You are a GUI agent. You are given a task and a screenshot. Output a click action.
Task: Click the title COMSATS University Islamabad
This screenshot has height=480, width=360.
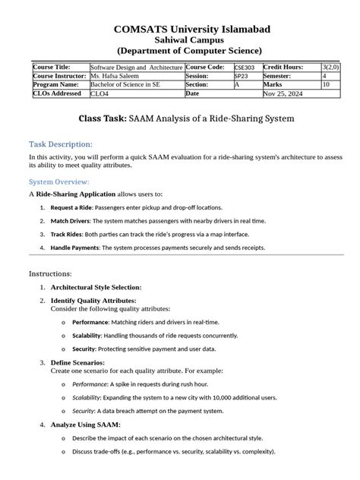180,30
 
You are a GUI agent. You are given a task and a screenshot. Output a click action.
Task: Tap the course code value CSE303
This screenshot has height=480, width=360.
245,68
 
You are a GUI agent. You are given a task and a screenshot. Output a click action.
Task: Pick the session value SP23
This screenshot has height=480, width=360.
241,77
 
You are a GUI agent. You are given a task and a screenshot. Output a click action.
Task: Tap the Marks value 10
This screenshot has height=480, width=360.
326,85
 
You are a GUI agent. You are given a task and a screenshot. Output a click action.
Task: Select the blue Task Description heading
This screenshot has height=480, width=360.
61,144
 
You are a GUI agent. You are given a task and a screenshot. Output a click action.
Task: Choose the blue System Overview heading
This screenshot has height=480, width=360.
59,182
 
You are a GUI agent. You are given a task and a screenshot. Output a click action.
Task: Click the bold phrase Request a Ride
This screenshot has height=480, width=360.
71,207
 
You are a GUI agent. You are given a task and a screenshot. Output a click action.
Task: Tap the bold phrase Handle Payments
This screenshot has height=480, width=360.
75,248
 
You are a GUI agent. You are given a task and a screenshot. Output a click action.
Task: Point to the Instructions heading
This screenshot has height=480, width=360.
50,273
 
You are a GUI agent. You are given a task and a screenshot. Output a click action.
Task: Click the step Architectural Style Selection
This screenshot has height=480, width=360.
96,288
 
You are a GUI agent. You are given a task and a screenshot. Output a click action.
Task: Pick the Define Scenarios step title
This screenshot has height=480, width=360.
77,362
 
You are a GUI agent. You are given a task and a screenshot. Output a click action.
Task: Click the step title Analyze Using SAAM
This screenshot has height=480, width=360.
85,424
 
